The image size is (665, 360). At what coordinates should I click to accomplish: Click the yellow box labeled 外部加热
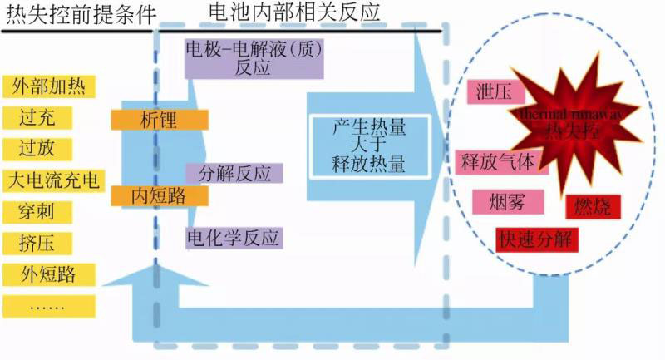coord(50,86)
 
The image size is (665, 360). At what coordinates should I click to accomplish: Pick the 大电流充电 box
coord(52,180)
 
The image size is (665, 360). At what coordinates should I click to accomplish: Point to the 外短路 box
coord(50,274)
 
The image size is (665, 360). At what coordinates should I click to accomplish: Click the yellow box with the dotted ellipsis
coord(50,304)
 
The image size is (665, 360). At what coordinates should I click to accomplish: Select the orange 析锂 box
coord(159,119)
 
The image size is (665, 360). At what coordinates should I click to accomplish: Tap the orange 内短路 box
coord(159,195)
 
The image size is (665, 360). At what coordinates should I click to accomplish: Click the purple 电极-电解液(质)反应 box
coord(253,58)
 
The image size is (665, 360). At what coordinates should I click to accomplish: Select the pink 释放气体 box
coord(499,160)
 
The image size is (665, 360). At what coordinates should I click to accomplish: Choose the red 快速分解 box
coord(536,239)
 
